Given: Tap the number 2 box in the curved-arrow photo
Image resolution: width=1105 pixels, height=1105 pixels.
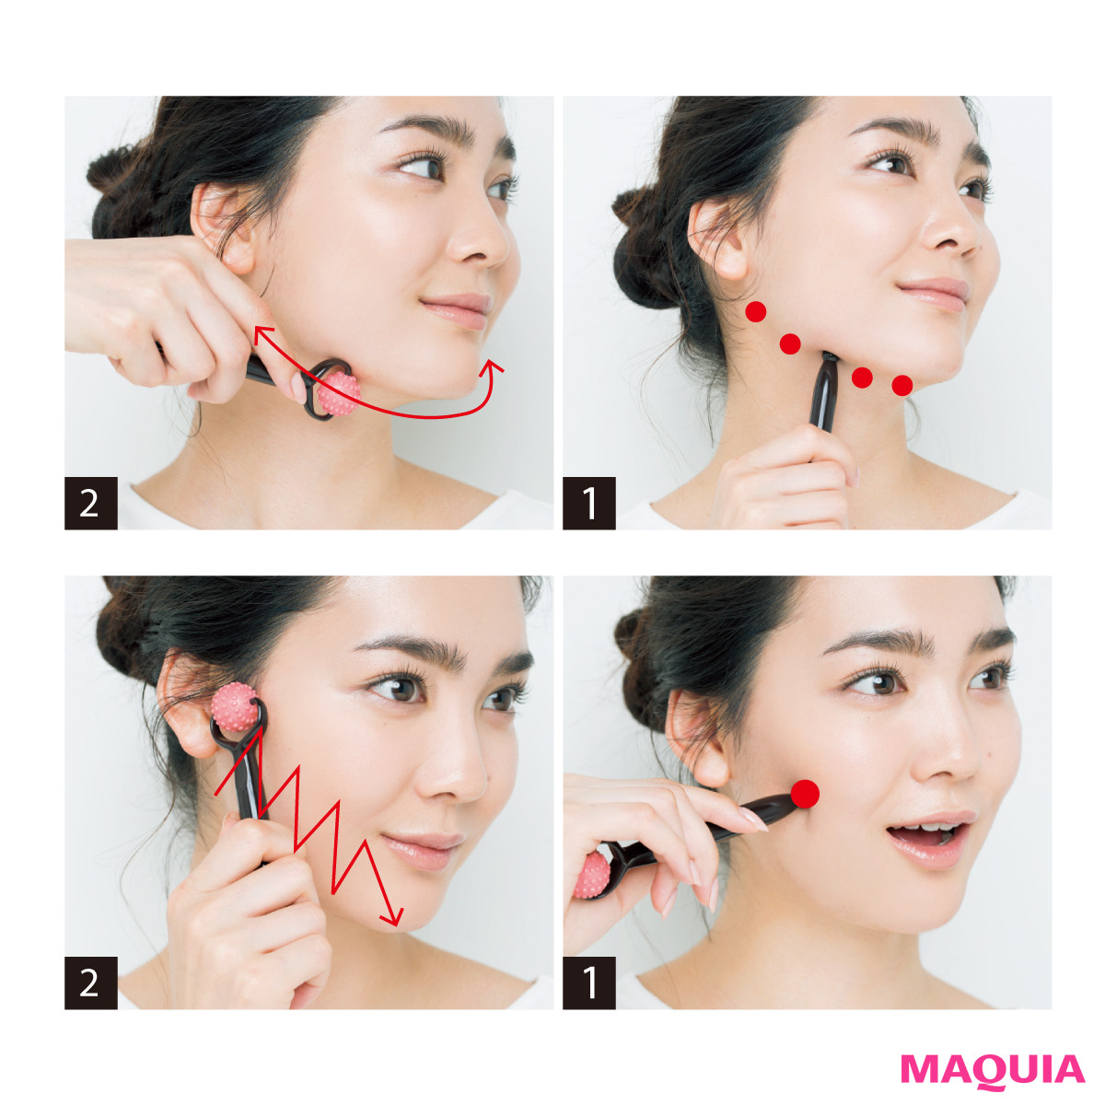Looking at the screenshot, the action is [x=91, y=503].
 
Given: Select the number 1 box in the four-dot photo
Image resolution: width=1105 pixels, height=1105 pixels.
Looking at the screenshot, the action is [x=589, y=503].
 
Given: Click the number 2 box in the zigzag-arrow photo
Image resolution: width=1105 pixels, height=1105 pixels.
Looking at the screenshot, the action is [x=91, y=983].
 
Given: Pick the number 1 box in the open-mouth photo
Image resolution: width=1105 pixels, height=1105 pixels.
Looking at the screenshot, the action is [x=589, y=983].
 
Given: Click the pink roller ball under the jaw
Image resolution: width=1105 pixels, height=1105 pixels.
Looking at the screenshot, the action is [x=338, y=393].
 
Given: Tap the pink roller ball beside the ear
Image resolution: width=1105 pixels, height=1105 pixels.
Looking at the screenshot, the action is [x=234, y=707].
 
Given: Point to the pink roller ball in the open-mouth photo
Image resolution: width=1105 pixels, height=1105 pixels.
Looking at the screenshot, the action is [x=591, y=875].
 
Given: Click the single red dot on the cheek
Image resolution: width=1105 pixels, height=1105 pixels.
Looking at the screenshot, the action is [x=805, y=794].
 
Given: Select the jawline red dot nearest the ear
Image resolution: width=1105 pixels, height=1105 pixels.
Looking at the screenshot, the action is [x=756, y=312].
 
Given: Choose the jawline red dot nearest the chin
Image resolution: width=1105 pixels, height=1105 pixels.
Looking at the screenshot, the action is [x=902, y=385].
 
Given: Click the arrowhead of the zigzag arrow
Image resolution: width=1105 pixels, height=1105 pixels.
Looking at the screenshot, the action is [x=393, y=917].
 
